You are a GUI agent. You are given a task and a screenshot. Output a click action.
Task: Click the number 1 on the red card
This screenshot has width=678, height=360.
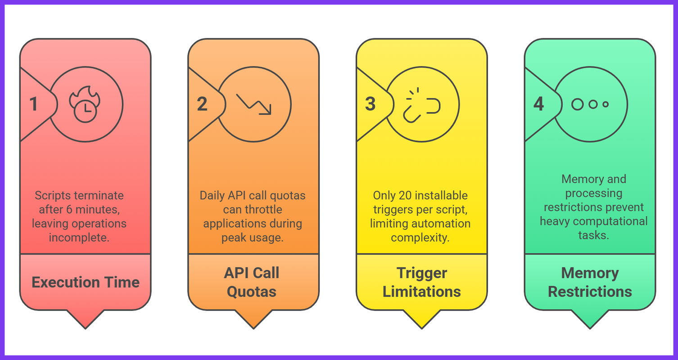click(34, 104)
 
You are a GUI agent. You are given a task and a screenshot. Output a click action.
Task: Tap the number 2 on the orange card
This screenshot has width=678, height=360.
click(202, 104)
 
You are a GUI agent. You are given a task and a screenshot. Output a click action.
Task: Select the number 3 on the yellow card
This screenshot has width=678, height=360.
click(370, 104)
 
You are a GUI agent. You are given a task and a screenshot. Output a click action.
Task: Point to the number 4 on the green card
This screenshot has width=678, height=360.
click(538, 104)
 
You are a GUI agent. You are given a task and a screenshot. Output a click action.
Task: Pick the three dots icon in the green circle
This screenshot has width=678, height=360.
click(590, 104)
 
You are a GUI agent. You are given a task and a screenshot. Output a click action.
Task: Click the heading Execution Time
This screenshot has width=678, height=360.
click(86, 282)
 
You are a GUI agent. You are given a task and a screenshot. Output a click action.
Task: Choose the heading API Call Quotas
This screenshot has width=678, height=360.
click(252, 282)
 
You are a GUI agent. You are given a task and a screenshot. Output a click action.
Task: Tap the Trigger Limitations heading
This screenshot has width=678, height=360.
click(422, 282)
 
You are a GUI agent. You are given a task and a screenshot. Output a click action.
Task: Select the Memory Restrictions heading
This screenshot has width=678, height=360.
click(590, 282)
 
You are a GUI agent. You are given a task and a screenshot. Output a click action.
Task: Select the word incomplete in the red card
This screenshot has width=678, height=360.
click(79, 237)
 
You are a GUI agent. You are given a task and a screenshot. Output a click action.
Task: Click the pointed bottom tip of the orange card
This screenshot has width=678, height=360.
click(253, 328)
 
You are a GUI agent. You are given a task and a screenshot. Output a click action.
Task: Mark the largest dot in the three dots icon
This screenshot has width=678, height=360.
click(578, 104)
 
